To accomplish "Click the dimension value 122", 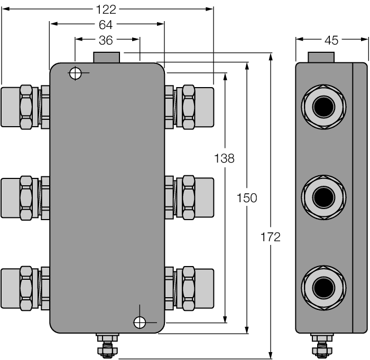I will pos(107,9).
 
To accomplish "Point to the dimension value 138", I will pos(224,158).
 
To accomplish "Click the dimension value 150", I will pos(247,198).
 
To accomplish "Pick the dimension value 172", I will pos(271,237).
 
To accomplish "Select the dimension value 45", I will pos(331,40).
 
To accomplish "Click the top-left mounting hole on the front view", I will pos(76,73).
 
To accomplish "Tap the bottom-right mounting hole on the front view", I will pos(140,321).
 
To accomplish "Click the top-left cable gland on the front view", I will pos(25,107).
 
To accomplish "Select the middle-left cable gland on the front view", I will pos(25,198).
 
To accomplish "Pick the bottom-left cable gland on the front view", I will pos(25,288).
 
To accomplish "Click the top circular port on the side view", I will pos(323,108).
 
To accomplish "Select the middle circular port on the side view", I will pos(323,198).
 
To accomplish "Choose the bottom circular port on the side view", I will pos(323,288).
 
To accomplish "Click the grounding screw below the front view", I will pos(107,346).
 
